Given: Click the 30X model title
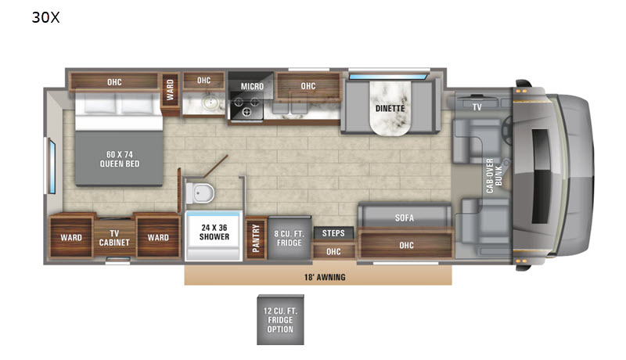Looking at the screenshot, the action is [45, 17].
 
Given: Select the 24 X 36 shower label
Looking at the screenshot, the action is [214, 232].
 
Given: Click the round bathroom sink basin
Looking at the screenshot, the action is [209, 103].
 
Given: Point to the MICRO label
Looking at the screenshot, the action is [252, 86].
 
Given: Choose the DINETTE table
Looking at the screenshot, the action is [390, 108].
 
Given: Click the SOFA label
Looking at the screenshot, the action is [405, 218].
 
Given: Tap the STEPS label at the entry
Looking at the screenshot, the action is [333, 233].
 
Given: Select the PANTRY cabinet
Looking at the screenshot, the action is [256, 238].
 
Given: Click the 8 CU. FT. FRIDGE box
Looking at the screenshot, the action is [290, 238].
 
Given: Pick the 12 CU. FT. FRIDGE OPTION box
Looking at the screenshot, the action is [280, 320].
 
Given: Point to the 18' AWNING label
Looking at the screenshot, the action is [325, 277].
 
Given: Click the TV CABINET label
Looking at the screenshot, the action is [114, 238].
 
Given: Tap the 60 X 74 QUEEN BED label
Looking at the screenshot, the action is [120, 159].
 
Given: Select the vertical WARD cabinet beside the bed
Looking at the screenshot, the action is [170, 94].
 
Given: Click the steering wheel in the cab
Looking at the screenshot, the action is [507, 131].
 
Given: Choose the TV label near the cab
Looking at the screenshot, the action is [477, 107].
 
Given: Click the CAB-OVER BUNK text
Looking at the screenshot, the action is [495, 175].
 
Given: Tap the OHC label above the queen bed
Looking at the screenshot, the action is [114, 82].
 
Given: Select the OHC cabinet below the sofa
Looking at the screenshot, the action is [406, 245].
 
